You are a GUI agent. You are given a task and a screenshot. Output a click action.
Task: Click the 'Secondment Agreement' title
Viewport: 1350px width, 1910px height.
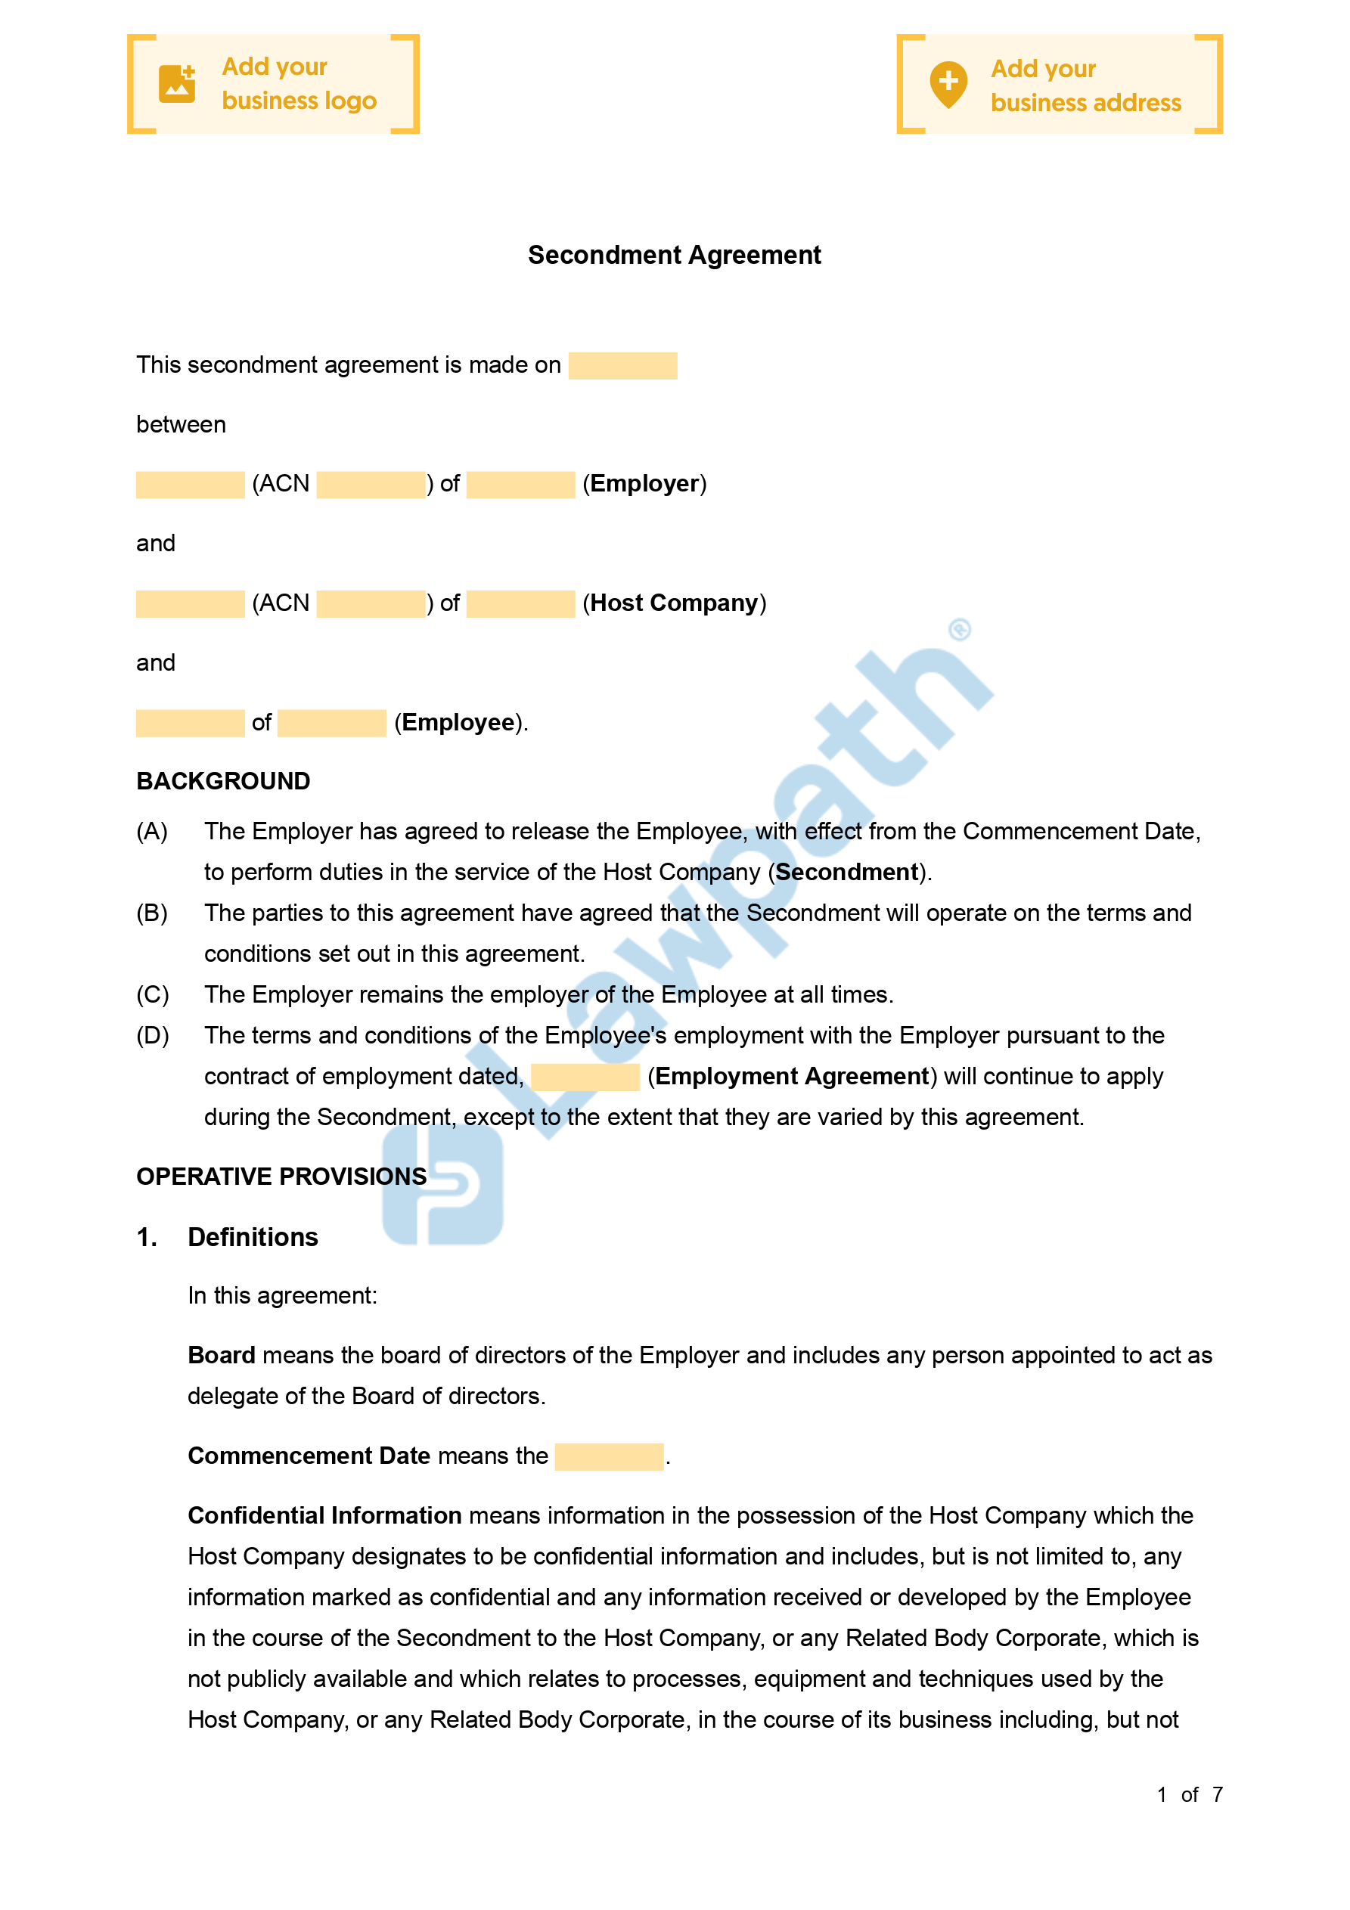coord(674,255)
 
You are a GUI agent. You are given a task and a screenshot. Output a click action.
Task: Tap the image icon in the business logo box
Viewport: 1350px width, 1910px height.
coord(177,84)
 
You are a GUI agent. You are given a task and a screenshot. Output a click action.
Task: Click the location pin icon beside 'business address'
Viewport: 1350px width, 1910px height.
coord(948,84)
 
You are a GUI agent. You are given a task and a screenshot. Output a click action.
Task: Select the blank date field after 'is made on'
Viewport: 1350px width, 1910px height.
coord(622,366)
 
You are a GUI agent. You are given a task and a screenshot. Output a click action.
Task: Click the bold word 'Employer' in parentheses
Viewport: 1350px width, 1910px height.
coord(644,484)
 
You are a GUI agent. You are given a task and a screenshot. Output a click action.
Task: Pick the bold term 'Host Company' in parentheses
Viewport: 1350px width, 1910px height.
coord(674,603)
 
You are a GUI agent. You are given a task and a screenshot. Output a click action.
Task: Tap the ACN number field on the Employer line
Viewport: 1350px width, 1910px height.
coord(371,485)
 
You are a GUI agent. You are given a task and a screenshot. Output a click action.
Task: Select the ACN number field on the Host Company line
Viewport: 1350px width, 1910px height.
coord(371,604)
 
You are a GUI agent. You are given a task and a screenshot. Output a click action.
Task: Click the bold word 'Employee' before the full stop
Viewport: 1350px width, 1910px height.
coord(458,722)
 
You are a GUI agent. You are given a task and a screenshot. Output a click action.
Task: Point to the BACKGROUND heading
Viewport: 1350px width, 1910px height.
coord(223,781)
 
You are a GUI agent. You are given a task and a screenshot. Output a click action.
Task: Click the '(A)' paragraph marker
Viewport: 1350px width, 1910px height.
coord(152,831)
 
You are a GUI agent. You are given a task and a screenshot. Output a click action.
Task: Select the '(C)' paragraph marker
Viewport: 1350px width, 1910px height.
coord(152,995)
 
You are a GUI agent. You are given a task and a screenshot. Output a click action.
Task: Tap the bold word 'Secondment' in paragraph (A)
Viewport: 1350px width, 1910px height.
coord(847,872)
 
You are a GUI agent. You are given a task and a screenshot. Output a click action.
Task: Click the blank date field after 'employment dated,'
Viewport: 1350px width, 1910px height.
coord(585,1077)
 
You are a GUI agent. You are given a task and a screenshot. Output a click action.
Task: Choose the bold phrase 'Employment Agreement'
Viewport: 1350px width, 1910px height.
coord(792,1077)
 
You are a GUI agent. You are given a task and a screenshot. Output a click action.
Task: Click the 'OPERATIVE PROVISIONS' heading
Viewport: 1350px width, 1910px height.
coord(281,1177)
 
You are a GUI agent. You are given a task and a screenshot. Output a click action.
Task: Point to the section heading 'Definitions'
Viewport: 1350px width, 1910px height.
coord(253,1237)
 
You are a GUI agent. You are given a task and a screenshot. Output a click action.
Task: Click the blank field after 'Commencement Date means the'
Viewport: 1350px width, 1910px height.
coord(610,1456)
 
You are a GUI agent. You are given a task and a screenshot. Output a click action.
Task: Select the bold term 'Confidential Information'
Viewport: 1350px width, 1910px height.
coord(324,1516)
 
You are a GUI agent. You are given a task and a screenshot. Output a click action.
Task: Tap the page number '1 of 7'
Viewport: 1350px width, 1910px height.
coord(1190,1794)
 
